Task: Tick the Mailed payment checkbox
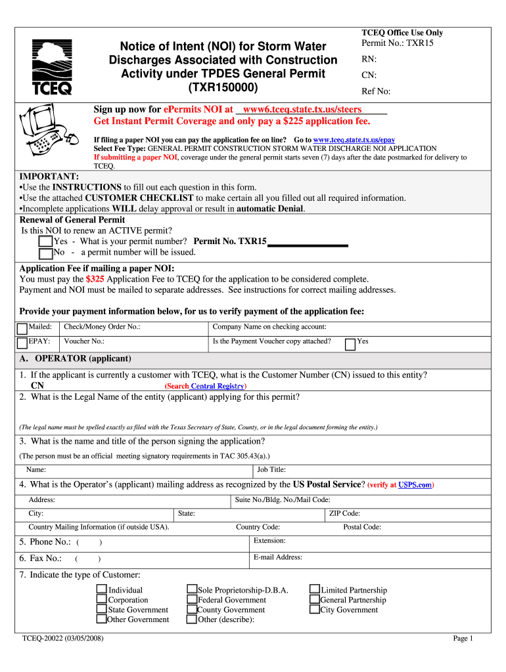(22, 328)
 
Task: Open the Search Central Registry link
(206, 386)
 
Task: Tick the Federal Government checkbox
(192, 600)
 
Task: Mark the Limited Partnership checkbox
(315, 590)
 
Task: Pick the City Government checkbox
(315, 610)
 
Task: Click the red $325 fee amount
(95, 279)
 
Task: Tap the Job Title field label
(271, 469)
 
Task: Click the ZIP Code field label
(344, 514)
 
